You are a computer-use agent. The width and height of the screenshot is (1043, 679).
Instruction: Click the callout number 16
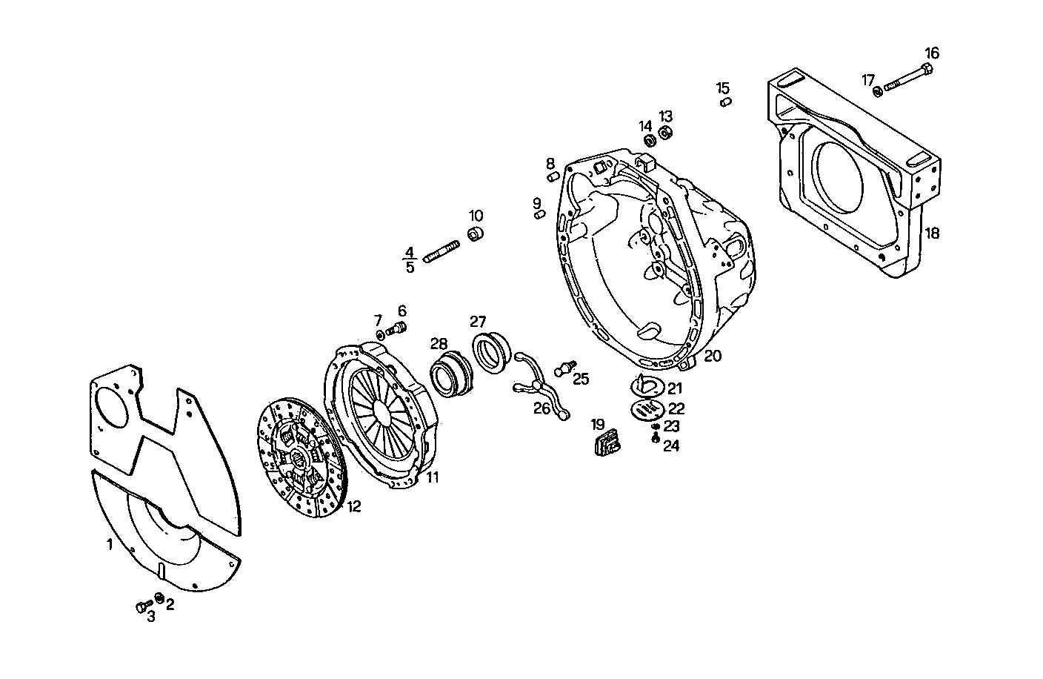931,53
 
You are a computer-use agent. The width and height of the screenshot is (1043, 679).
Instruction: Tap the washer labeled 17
878,91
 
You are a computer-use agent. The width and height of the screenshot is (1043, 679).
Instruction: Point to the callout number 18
932,233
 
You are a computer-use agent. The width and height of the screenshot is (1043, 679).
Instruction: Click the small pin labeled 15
726,102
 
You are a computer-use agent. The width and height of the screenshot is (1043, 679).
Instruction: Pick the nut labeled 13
665,132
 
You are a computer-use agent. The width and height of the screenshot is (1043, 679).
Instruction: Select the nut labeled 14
650,140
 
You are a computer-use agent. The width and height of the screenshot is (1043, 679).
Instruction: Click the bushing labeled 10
475,234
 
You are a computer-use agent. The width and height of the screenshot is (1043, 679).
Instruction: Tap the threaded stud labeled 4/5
442,254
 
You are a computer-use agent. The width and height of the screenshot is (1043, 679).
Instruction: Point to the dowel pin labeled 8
553,176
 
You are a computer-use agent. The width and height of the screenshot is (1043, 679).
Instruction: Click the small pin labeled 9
539,214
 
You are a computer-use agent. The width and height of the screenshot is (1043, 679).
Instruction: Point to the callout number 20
712,356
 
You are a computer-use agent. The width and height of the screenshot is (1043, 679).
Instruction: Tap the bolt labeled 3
141,607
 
